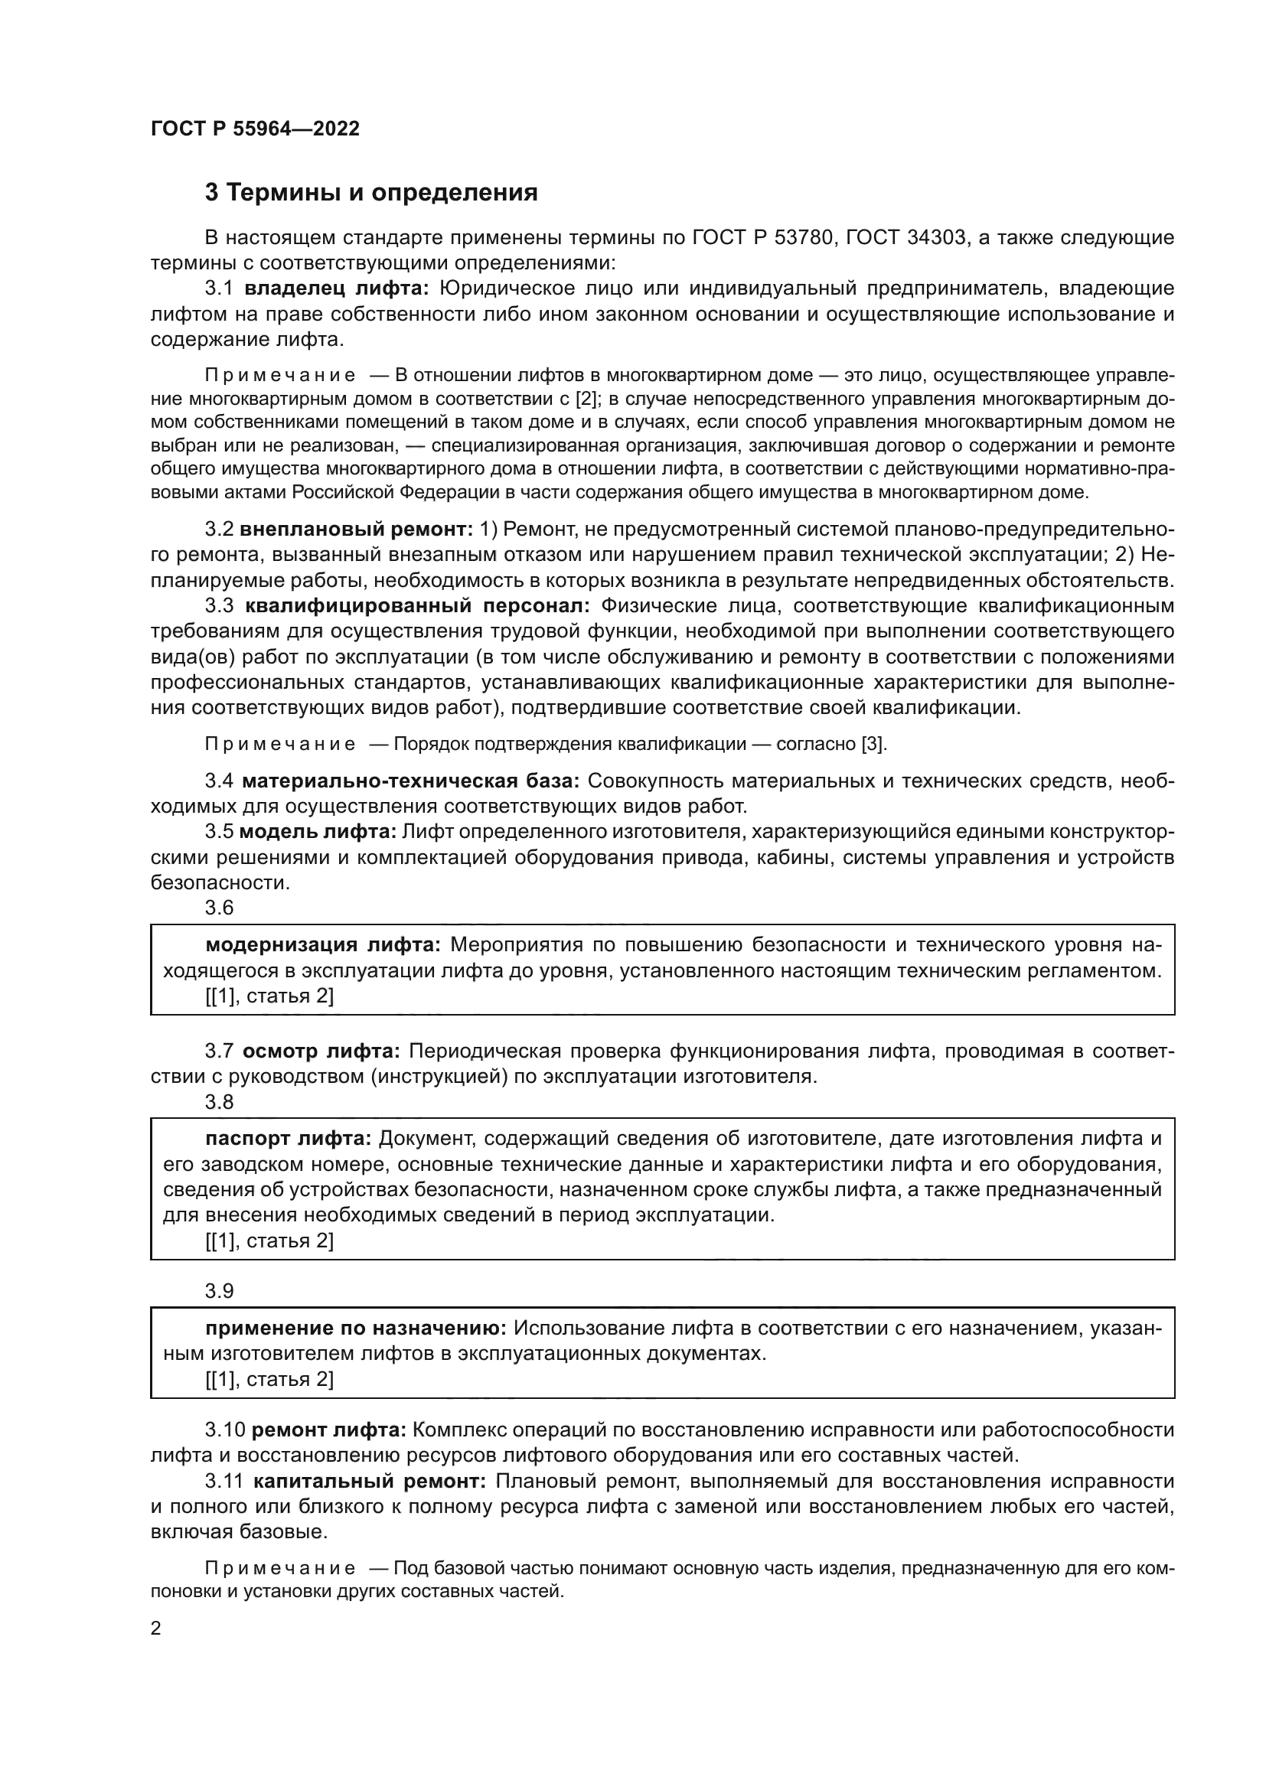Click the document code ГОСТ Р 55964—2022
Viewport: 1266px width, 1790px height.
[x=255, y=129]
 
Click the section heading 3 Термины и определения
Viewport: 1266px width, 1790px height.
[x=371, y=193]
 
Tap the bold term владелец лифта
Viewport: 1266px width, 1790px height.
[x=337, y=289]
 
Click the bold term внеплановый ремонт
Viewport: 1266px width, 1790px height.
[x=356, y=530]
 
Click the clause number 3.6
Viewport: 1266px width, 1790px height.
[x=219, y=908]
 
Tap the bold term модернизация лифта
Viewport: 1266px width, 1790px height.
[x=323, y=945]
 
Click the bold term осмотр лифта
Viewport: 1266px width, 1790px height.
[x=321, y=1051]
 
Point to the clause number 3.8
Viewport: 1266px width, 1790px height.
[x=219, y=1101]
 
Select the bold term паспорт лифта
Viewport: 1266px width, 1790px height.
[x=289, y=1139]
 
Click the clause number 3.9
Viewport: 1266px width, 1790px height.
[x=219, y=1291]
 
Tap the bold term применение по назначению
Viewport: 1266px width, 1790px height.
[x=356, y=1329]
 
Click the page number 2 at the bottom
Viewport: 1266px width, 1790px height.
[x=156, y=1629]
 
